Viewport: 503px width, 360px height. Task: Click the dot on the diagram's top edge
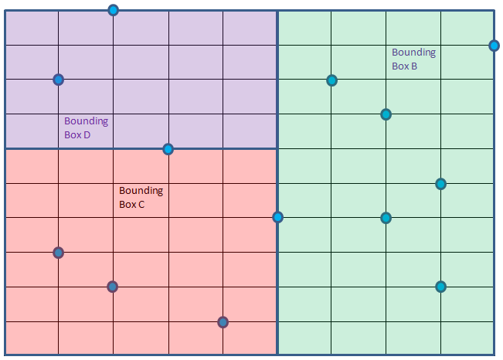pyautogui.click(x=114, y=10)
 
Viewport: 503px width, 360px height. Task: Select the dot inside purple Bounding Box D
pyautogui.click(x=58, y=80)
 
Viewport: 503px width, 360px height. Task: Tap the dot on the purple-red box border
pyautogui.click(x=168, y=149)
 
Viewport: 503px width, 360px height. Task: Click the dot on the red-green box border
pyautogui.click(x=277, y=217)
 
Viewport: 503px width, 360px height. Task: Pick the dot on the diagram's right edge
pyautogui.click(x=494, y=46)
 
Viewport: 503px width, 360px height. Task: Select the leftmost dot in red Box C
pyautogui.click(x=58, y=253)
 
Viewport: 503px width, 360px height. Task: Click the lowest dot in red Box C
pyautogui.click(x=223, y=321)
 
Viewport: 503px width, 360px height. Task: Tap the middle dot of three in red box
pyautogui.click(x=113, y=287)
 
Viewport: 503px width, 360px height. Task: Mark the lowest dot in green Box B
pyautogui.click(x=440, y=287)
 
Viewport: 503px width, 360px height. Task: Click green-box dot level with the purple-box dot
pyautogui.click(x=331, y=80)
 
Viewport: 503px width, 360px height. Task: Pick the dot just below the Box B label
pyautogui.click(x=386, y=114)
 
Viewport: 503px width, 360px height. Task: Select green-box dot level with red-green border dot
pyautogui.click(x=386, y=218)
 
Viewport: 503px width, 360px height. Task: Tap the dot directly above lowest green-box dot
pyautogui.click(x=440, y=184)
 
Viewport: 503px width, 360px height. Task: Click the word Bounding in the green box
pyautogui.click(x=413, y=53)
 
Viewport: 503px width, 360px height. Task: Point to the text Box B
pyautogui.click(x=404, y=66)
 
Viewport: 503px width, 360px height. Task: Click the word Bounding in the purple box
pyautogui.click(x=86, y=121)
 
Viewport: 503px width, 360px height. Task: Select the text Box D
pyautogui.click(x=77, y=134)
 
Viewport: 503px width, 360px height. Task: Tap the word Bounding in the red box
pyautogui.click(x=141, y=190)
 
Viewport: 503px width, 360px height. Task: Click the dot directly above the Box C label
pyautogui.click(x=168, y=149)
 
